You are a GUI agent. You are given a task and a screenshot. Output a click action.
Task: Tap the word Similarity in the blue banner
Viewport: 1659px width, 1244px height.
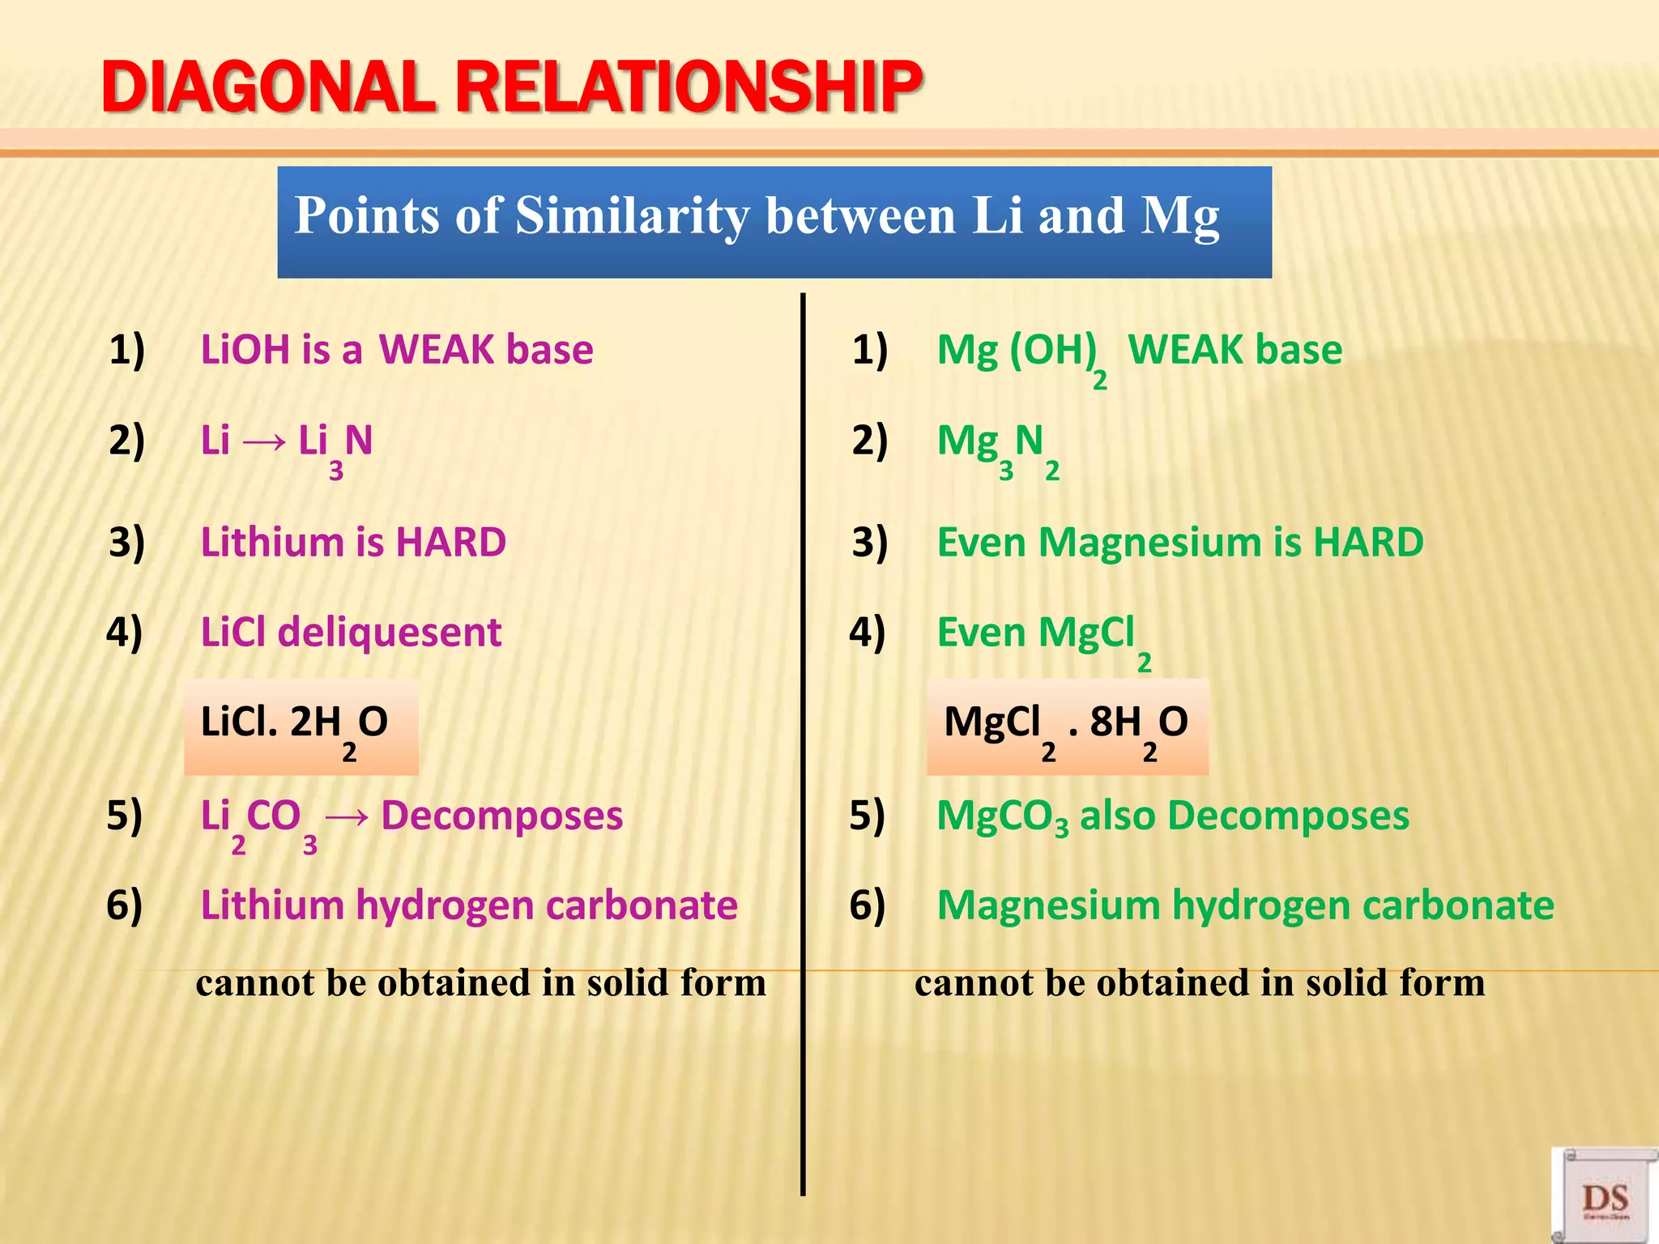coord(633,216)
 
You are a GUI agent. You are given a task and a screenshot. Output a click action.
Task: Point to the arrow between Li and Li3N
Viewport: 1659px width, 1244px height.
coord(264,442)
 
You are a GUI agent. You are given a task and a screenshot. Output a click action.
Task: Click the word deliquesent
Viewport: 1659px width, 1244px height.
coord(389,633)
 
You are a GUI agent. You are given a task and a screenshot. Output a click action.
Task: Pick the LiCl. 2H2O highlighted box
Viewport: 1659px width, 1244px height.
coord(301,726)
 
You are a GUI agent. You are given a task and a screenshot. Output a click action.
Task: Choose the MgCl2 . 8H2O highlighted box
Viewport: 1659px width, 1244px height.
coord(1067,726)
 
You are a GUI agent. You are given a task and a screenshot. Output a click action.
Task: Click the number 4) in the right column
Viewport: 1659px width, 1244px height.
coord(868,633)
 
